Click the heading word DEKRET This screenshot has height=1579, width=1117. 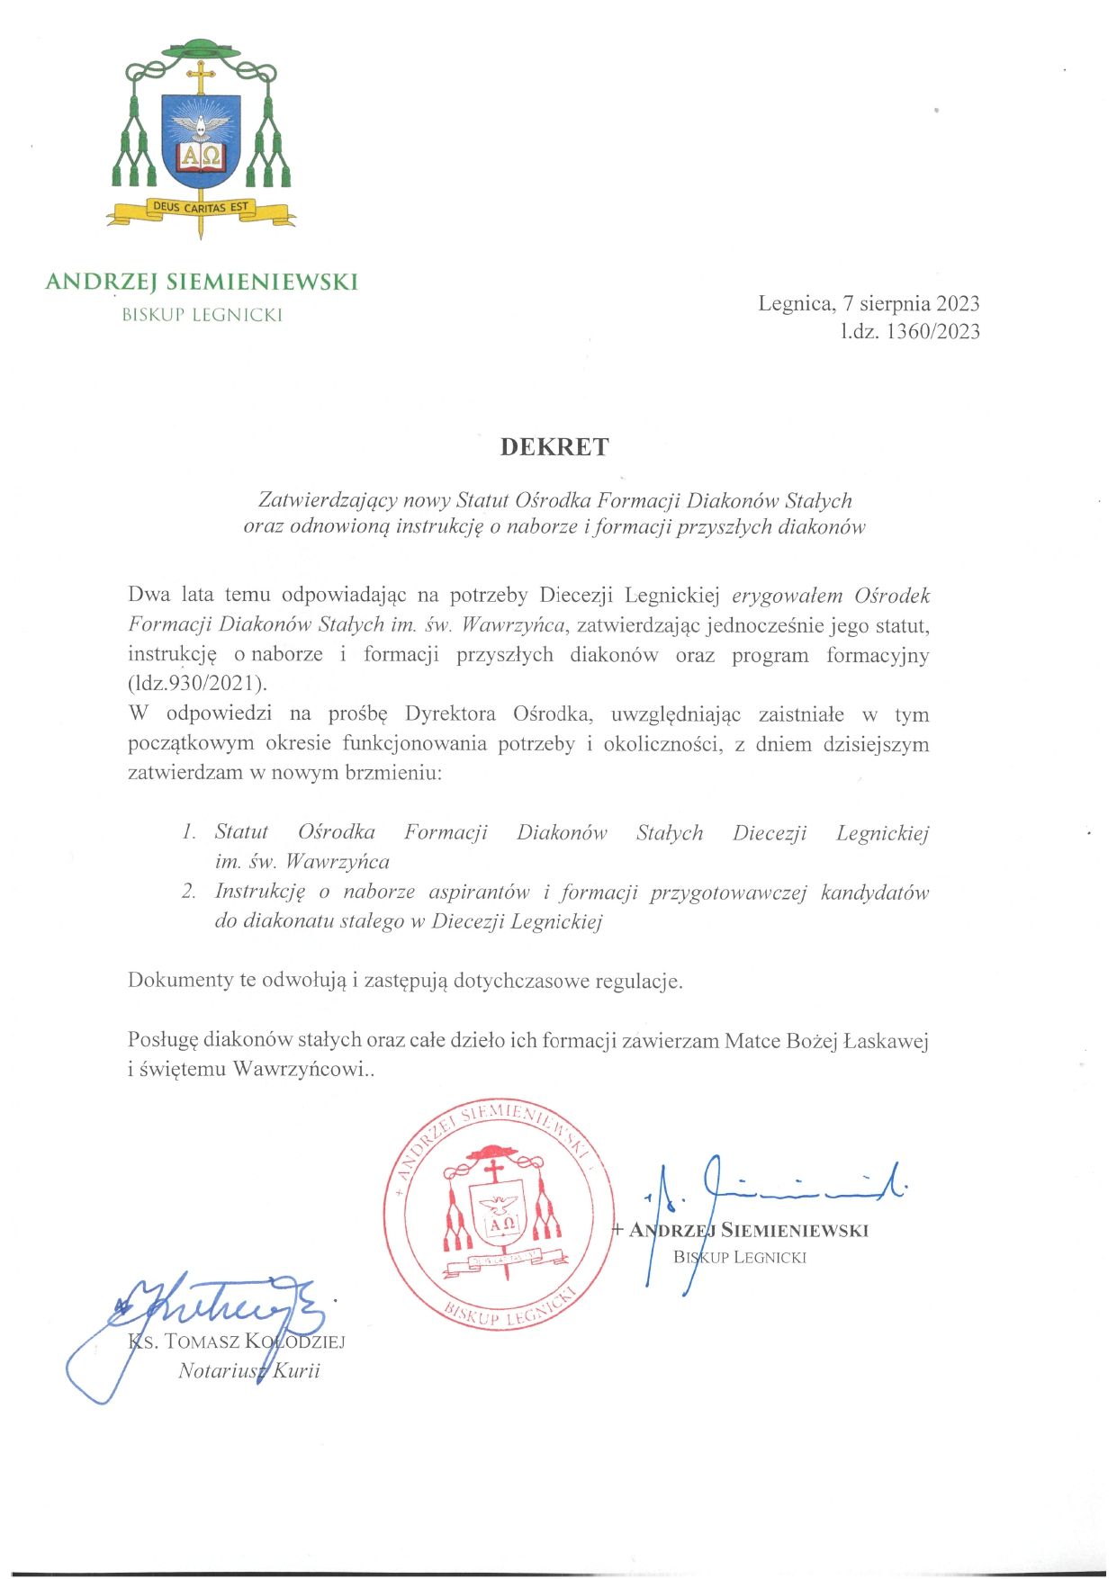point(554,447)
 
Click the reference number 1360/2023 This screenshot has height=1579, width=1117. point(932,332)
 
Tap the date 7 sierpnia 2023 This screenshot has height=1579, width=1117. point(911,303)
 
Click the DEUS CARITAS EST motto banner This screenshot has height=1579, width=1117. point(200,208)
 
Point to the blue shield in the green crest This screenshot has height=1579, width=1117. point(201,139)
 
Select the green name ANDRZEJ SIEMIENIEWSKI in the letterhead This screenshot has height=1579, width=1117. point(202,282)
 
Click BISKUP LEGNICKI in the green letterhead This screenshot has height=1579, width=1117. point(203,315)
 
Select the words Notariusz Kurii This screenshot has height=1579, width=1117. point(249,1371)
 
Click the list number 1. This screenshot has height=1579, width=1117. point(188,832)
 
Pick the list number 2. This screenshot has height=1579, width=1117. point(188,892)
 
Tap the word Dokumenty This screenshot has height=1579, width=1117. point(180,980)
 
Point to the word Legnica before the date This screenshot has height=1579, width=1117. point(794,303)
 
